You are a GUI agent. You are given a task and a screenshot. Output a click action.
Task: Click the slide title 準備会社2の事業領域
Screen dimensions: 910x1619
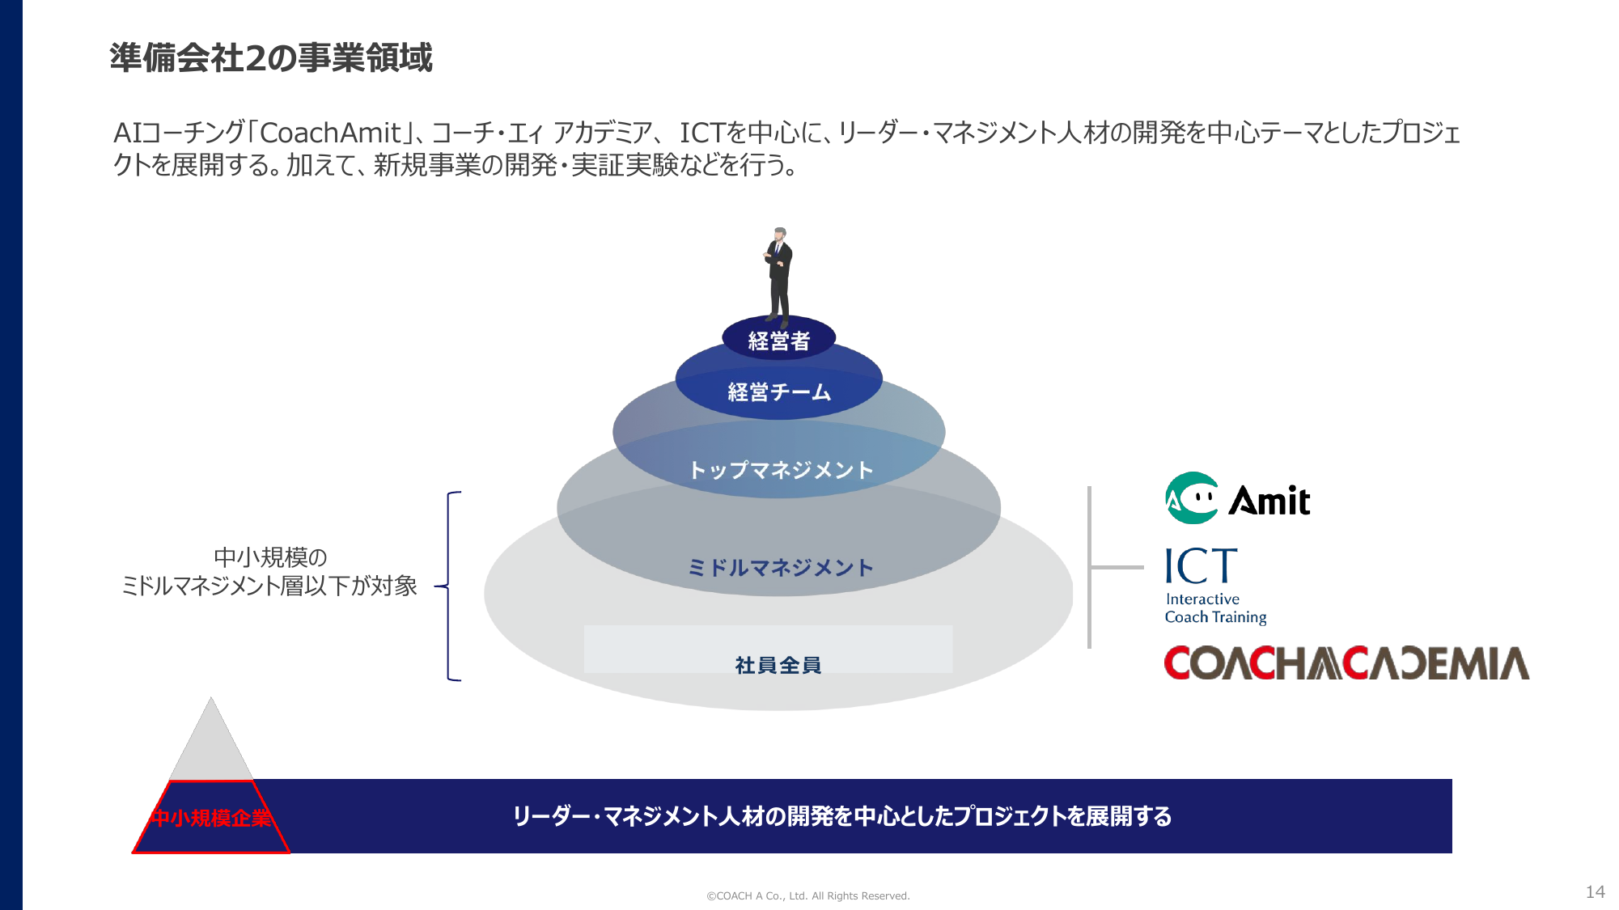(x=271, y=58)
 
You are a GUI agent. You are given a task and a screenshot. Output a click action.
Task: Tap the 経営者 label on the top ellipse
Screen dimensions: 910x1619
(x=778, y=341)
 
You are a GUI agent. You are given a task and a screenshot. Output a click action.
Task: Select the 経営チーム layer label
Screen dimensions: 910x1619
(x=778, y=392)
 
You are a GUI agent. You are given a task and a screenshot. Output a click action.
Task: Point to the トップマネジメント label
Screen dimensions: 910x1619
(x=780, y=470)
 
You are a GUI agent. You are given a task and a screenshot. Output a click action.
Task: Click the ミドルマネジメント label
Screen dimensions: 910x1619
(x=780, y=568)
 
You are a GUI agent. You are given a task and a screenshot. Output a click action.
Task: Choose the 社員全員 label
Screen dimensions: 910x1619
(x=778, y=665)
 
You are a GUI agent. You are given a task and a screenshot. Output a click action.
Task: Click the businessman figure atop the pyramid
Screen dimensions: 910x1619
(x=778, y=275)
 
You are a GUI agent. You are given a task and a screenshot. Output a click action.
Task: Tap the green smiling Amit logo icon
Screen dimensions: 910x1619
(x=1191, y=498)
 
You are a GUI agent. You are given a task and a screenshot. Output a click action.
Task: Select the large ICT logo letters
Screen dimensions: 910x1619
(x=1201, y=566)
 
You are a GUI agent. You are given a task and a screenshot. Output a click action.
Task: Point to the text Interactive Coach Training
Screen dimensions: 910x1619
(x=1214, y=608)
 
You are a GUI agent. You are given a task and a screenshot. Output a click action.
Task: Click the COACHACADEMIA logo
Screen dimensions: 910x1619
(x=1346, y=663)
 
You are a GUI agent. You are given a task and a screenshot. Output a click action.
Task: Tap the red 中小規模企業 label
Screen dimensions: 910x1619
(x=211, y=818)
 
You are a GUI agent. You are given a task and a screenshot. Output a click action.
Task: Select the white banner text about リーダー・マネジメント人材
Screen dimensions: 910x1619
(x=841, y=816)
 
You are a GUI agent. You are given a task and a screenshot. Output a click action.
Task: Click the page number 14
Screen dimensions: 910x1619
(x=1595, y=891)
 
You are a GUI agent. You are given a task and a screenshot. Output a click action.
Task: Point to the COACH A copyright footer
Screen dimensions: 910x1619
(x=807, y=895)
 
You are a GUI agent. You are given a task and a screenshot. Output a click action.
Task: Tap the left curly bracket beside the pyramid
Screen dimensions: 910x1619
(x=450, y=586)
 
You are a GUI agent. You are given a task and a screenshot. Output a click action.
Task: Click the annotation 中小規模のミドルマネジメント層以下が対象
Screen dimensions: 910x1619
(x=269, y=571)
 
